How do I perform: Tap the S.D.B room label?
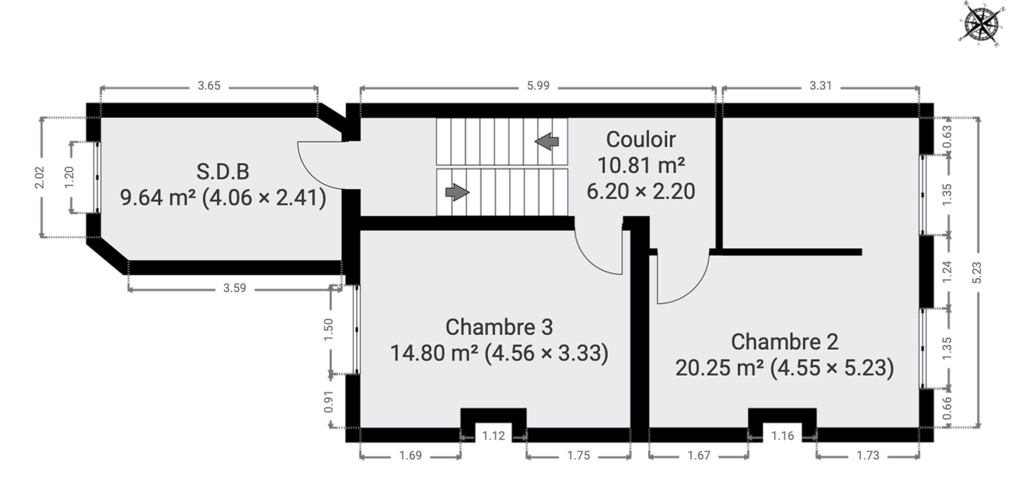(223, 171)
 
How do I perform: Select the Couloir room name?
(641, 140)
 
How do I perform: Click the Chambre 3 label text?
(499, 327)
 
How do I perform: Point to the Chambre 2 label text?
(785, 342)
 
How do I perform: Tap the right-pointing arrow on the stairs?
(457, 192)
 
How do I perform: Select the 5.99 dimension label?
(538, 86)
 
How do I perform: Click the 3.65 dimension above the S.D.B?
(209, 86)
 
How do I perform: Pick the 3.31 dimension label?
(820, 86)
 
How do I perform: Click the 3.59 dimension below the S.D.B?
(234, 288)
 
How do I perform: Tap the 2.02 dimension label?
(40, 177)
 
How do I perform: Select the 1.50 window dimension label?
(329, 330)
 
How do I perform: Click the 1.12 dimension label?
(493, 436)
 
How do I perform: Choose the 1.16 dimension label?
(782, 436)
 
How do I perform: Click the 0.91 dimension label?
(329, 402)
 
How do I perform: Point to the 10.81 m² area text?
(641, 165)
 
